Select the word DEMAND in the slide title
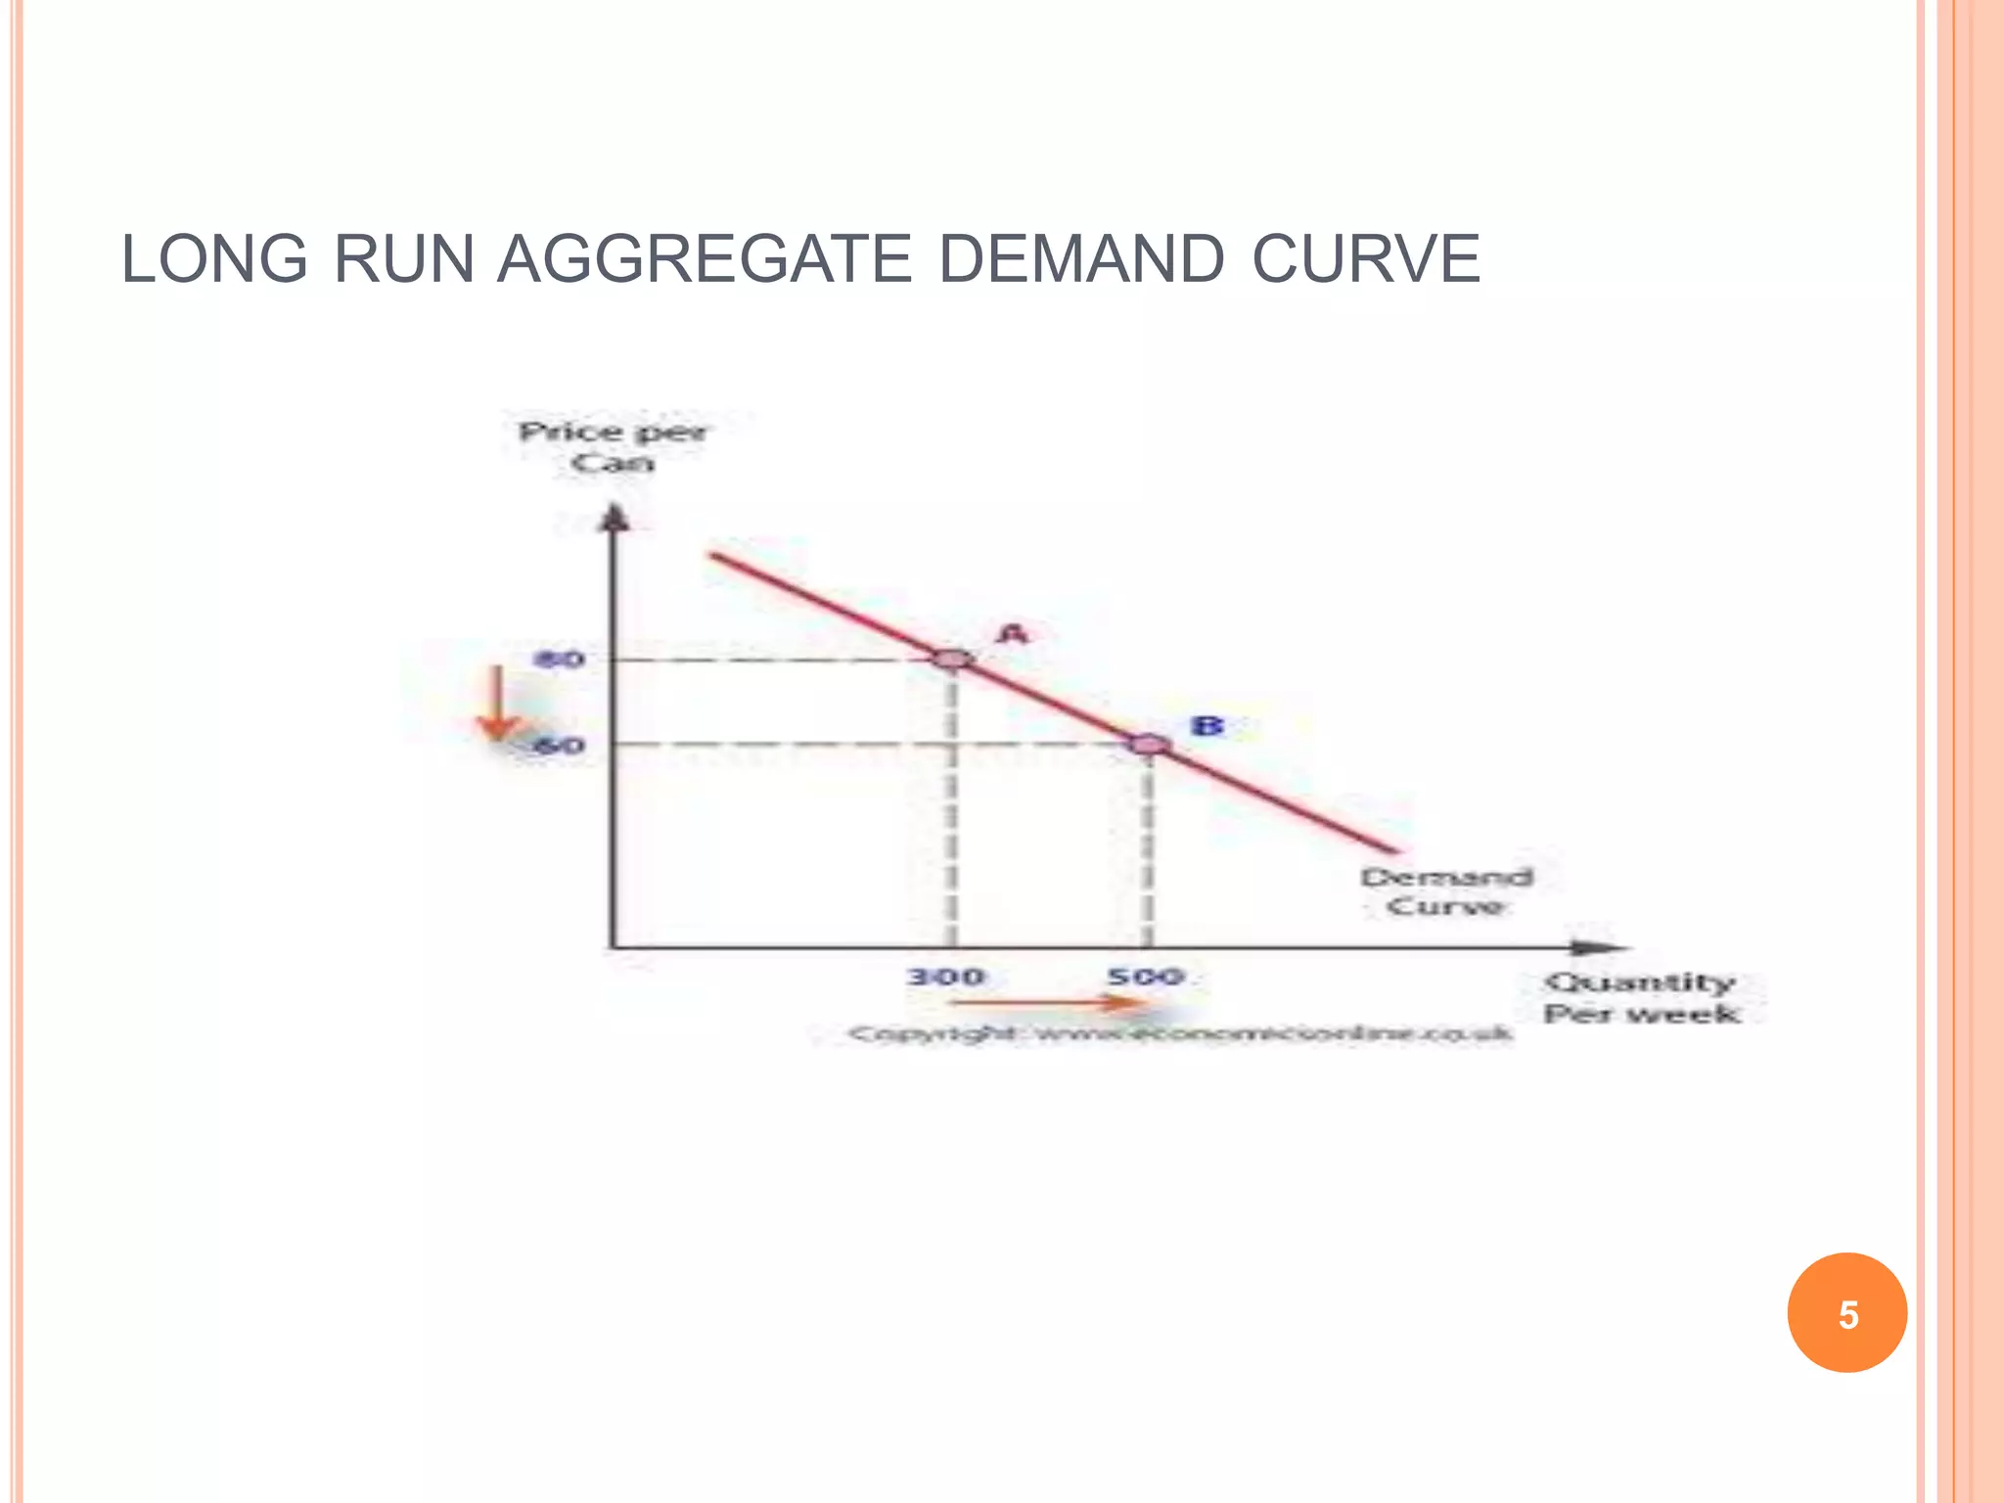1081,259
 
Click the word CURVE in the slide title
1366,259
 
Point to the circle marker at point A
952,659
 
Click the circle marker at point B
1149,745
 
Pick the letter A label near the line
1014,634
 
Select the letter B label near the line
1207,726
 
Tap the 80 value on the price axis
560,660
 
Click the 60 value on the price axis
561,746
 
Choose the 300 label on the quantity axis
945,977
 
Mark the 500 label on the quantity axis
1146,977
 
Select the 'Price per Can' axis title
613,447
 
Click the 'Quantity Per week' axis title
1641,997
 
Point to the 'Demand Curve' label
1446,891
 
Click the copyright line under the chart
1179,1033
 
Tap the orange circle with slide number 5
1846,1313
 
